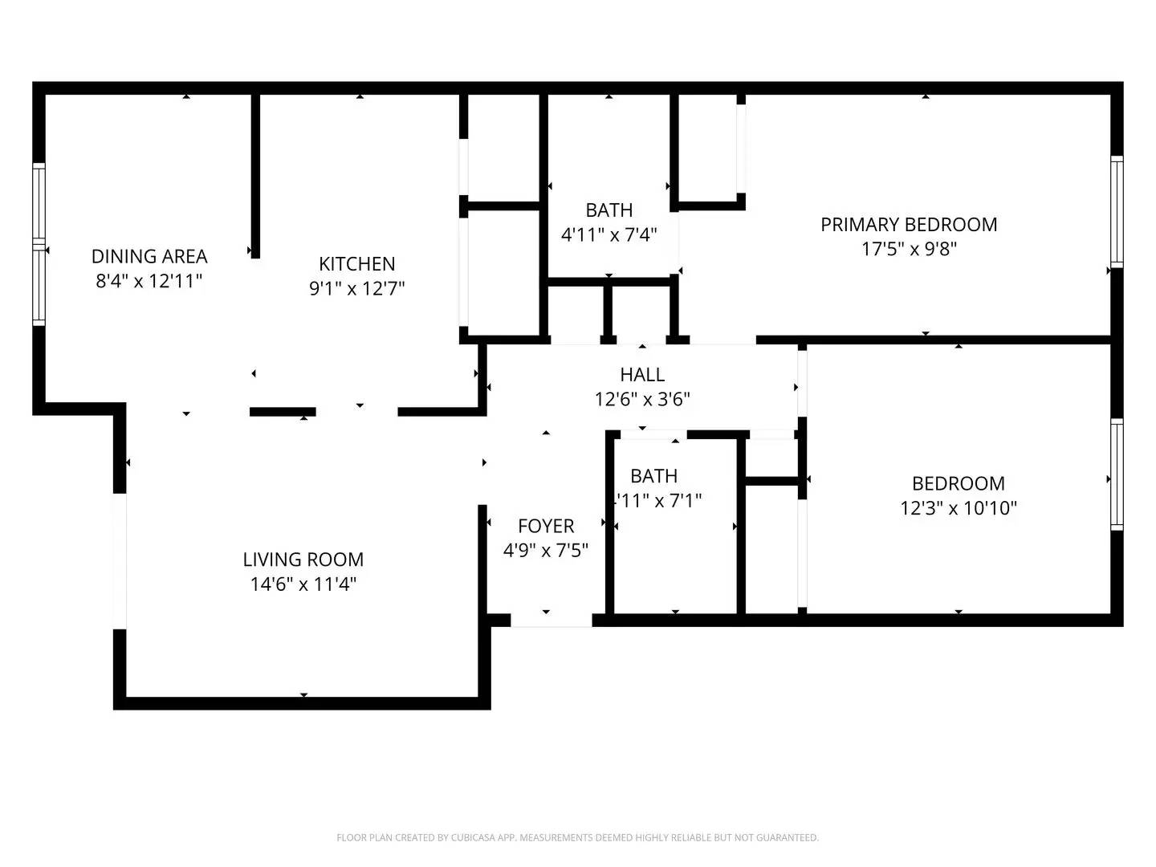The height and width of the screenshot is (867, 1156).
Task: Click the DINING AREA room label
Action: pos(149,256)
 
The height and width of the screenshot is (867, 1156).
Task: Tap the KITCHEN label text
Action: pos(356,263)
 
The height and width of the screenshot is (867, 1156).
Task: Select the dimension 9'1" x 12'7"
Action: pos(356,288)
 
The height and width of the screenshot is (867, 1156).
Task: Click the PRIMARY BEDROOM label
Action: pos(909,225)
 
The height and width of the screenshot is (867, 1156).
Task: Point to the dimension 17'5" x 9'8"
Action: pos(909,249)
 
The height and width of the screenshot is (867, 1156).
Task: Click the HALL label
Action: pos(642,374)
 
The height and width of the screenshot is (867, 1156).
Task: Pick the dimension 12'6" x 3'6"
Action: pos(642,399)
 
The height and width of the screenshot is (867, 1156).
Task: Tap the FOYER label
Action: pos(546,526)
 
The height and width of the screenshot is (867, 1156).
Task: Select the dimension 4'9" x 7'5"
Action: pos(546,550)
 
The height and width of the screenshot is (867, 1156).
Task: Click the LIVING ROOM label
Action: pos(303,559)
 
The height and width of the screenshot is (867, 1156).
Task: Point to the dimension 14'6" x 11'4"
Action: pos(303,584)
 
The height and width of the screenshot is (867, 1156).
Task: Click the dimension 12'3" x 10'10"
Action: pos(959,507)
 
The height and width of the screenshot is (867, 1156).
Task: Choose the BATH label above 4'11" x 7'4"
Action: pos(609,210)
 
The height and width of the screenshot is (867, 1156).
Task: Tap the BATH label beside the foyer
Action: pos(653,475)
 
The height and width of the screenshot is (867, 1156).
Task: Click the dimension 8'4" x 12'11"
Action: pos(149,281)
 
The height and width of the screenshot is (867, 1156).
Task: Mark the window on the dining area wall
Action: pos(39,244)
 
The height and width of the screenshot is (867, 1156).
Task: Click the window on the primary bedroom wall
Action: pos(1117,210)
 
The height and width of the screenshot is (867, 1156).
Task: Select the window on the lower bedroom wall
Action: pos(1117,474)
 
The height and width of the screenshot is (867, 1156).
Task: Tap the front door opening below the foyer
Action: pos(551,621)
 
